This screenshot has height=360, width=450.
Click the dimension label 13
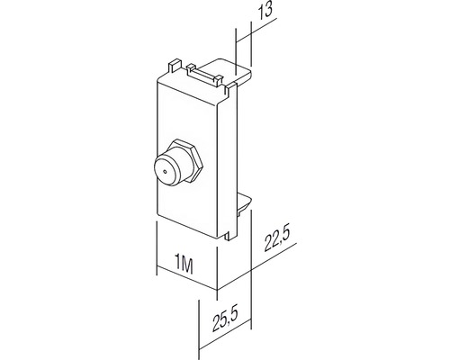click(x=266, y=11)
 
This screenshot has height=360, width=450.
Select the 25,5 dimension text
click(x=226, y=319)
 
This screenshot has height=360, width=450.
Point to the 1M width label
click(x=184, y=265)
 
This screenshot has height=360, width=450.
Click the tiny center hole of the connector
click(x=165, y=172)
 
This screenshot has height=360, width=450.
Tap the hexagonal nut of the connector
click(x=186, y=160)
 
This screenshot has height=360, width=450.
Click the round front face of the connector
click(x=166, y=172)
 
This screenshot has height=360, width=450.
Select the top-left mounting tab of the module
click(x=175, y=67)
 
